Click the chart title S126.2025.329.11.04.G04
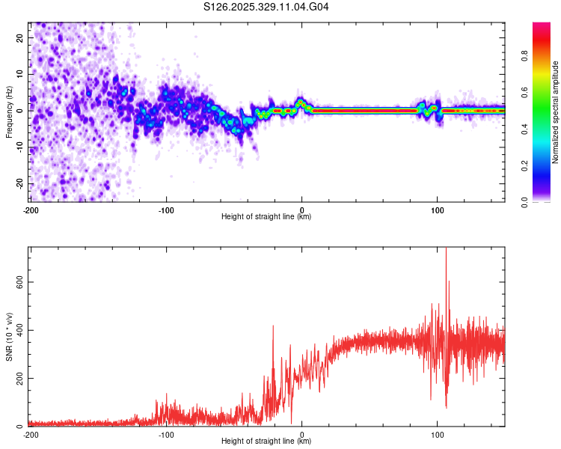pos(267,7)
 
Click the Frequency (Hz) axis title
pos(10,112)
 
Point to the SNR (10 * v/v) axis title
pos(10,337)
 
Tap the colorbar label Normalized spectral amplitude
pos(556,112)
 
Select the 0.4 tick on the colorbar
pos(524,129)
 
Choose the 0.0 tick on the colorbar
pos(524,201)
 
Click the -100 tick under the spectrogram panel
pos(166,210)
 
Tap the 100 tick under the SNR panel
pos(438,434)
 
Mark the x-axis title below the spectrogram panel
pos(266,217)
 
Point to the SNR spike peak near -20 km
pos(273,326)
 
